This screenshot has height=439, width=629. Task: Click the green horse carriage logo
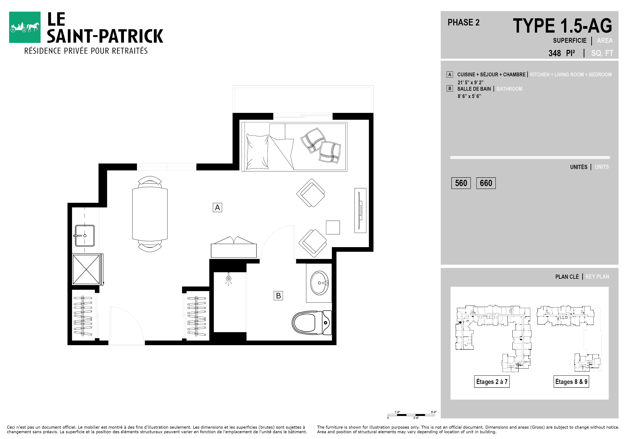[x=25, y=27]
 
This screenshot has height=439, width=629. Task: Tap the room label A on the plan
[x=217, y=207]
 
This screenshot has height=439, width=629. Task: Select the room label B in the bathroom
[x=278, y=296]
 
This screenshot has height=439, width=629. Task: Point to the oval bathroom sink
[x=319, y=283]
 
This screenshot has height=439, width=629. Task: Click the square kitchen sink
[x=85, y=236]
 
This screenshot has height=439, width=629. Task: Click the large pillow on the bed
[x=258, y=152]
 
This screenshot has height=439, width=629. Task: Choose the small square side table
[x=333, y=227]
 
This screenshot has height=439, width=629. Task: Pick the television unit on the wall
[x=360, y=210]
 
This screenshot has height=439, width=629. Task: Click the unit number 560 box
[x=461, y=183]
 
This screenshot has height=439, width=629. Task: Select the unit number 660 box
[x=486, y=183]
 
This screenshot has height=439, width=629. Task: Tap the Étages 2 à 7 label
[x=492, y=381]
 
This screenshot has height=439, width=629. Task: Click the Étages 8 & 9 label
[x=571, y=381]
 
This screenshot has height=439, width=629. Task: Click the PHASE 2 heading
[x=464, y=22]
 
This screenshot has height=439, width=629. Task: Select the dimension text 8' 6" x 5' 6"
[x=469, y=96]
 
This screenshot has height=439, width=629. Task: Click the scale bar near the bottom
[x=411, y=415]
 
